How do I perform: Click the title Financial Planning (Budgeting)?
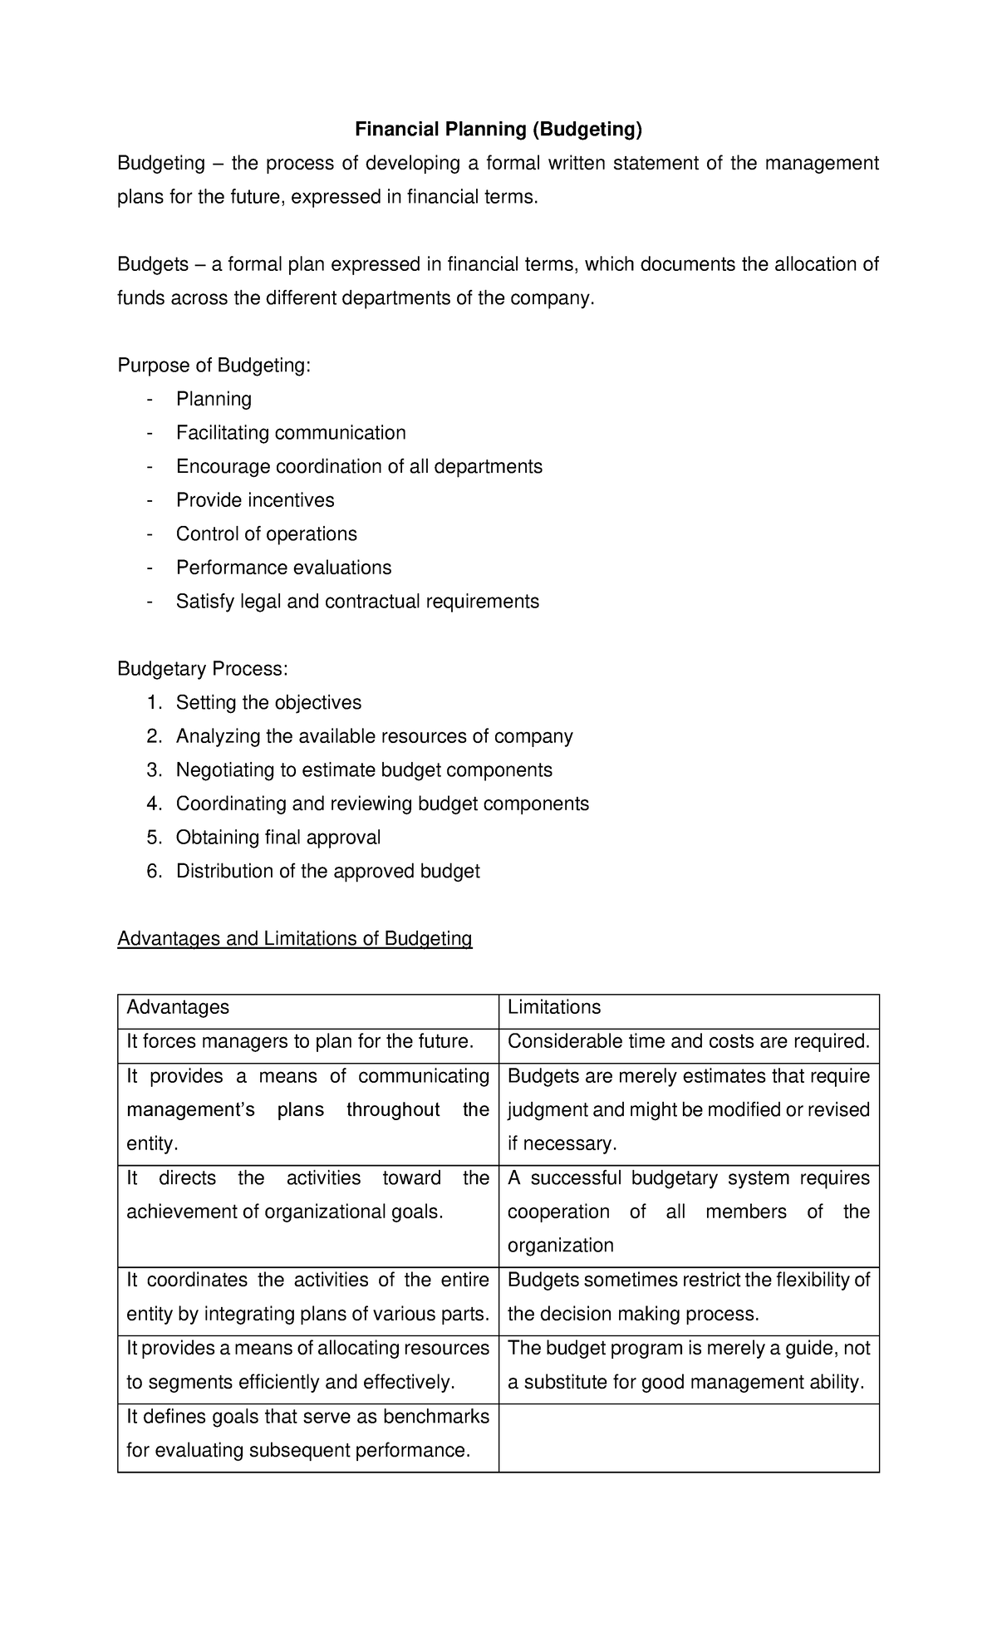coord(498,129)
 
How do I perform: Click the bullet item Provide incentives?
coord(255,500)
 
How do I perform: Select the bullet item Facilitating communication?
coord(291,433)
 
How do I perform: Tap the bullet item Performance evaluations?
coord(283,568)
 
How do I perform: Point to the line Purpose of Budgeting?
coord(214,366)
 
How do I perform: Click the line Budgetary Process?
coord(203,669)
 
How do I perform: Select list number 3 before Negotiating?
coord(154,770)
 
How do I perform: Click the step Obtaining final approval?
coord(278,838)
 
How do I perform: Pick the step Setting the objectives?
coord(268,703)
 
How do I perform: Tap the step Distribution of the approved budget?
coord(327,871)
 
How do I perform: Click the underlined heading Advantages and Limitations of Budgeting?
coord(295,939)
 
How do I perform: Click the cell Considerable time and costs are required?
coord(688,1041)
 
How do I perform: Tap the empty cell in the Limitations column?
coord(688,1438)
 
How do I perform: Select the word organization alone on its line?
coord(560,1246)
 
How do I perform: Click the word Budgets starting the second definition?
coord(153,265)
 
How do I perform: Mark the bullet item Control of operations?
coord(266,534)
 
